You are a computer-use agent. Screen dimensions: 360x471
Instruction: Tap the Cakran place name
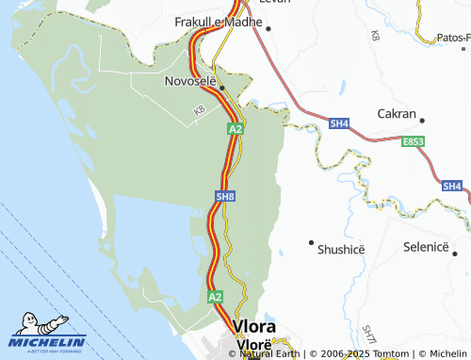(x=396, y=113)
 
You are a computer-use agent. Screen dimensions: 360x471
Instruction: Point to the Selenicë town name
(x=430, y=246)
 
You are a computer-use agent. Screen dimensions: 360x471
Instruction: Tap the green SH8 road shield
(x=224, y=196)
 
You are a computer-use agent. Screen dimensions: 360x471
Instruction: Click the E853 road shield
(x=412, y=140)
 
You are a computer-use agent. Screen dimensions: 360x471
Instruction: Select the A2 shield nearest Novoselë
(x=235, y=128)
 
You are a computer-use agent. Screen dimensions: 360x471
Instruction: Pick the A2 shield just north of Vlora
(x=216, y=296)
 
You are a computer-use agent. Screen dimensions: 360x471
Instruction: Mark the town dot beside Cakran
(x=422, y=120)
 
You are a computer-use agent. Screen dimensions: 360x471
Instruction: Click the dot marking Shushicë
(x=311, y=242)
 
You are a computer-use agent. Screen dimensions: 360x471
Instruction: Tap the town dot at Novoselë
(x=222, y=87)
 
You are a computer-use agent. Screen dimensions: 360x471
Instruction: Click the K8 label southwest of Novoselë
(x=199, y=111)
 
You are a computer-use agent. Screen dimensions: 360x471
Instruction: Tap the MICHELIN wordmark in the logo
(x=48, y=341)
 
